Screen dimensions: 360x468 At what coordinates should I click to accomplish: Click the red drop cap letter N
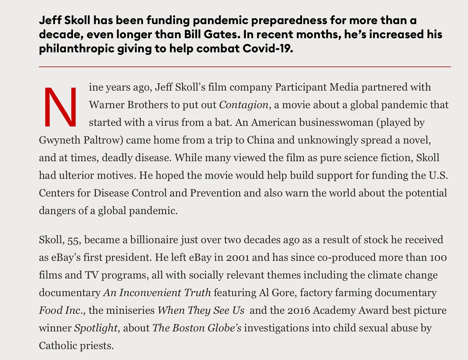60,106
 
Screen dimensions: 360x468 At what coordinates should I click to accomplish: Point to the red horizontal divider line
245,67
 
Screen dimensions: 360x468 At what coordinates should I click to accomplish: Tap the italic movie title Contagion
244,105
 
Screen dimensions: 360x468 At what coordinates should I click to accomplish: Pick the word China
261,140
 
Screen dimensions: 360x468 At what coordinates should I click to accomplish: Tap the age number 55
74,240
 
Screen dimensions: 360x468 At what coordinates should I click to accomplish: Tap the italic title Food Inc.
62,311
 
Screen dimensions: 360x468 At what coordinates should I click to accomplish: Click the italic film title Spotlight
96,328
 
